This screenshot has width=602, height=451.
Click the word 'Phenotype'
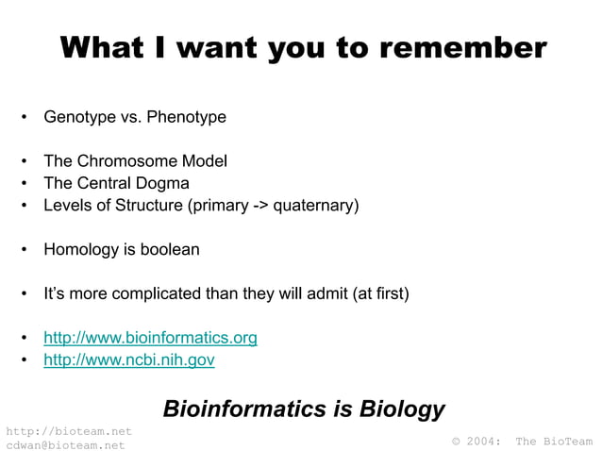point(185,118)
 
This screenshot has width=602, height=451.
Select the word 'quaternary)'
point(316,205)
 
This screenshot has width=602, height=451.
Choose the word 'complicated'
point(156,294)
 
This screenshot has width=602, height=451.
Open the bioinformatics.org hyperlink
point(150,338)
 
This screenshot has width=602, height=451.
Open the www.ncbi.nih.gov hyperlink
point(129,359)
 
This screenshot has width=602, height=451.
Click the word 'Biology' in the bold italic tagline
point(403,409)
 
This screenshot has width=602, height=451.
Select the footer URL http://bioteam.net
point(68,431)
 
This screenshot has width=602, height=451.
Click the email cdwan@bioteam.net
point(65,444)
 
